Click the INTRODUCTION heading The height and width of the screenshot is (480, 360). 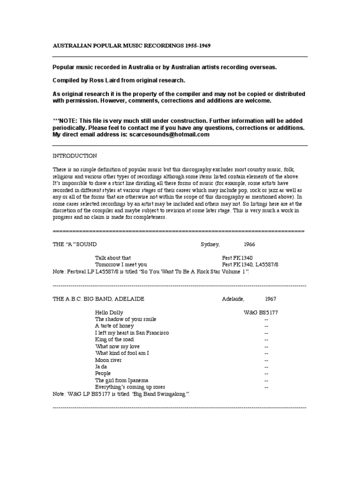[75, 156]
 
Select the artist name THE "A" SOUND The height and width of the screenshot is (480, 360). [75, 245]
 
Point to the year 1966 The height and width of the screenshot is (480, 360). [249, 245]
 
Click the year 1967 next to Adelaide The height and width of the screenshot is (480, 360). [271, 299]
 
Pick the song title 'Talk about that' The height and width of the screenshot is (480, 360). [113, 258]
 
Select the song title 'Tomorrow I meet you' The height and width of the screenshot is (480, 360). [121, 264]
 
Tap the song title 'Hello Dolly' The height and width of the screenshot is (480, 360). [108, 312]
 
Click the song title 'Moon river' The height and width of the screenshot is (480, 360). [108, 360]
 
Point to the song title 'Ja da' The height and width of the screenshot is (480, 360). [101, 367]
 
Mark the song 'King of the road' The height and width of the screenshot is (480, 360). [114, 339]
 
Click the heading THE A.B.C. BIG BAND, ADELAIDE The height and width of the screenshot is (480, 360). [98, 299]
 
